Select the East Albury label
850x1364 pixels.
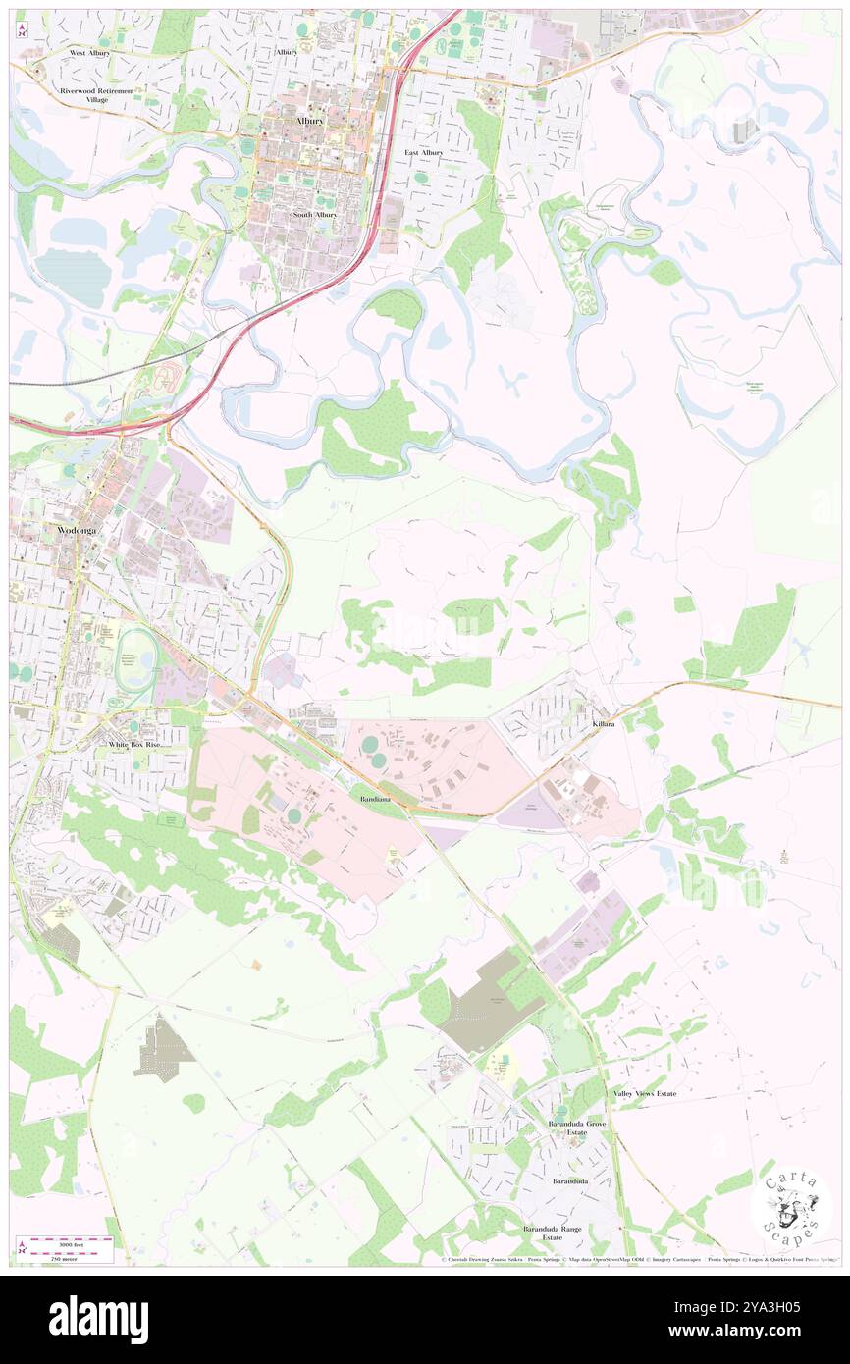pyautogui.click(x=424, y=153)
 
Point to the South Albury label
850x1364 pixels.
pyautogui.click(x=315, y=214)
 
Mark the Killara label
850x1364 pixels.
pyautogui.click(x=604, y=723)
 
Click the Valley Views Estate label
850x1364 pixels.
pyautogui.click(x=645, y=1093)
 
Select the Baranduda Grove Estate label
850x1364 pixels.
pyautogui.click(x=577, y=1128)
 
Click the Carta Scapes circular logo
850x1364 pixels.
pyautogui.click(x=791, y=1206)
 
